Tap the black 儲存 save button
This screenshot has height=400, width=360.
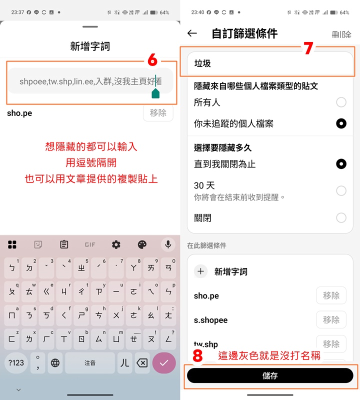270,375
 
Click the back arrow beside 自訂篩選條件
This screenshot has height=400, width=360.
192,33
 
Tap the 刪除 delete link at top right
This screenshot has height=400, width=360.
341,34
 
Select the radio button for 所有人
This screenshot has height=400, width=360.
341,102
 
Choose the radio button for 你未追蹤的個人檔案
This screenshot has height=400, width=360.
341,123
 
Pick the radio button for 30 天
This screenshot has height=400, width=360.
341,190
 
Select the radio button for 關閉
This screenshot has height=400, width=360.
341,218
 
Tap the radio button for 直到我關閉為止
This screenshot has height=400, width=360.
341,164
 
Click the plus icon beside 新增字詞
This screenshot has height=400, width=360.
201,271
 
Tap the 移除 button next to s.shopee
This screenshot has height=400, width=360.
331,319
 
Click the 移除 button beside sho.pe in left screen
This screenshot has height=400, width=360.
158,113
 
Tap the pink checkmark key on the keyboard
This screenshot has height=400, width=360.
164,363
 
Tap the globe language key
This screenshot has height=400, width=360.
55,363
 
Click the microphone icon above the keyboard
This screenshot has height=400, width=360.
168,244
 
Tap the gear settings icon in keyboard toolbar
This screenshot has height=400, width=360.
116,244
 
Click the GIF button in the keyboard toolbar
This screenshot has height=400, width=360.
90,244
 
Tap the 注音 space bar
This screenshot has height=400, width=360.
90,363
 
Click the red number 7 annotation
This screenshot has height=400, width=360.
308,48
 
